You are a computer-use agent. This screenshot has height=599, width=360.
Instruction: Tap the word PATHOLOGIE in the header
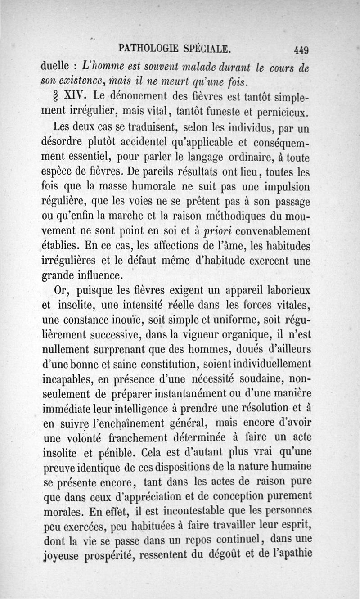[149, 48]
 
